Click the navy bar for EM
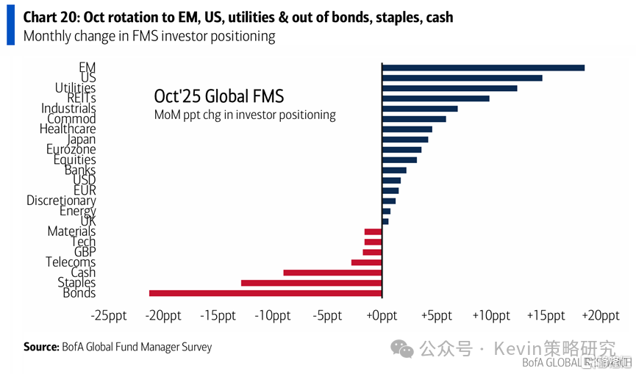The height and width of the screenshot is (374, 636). coord(482,68)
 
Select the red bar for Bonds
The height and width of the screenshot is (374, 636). coord(265,293)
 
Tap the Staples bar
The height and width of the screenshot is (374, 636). coord(311,283)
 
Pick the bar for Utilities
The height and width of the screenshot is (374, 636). coord(449,88)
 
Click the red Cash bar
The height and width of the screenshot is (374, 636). coord(332,273)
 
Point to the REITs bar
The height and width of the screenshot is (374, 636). coord(435,98)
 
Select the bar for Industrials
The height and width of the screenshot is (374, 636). coord(419,109)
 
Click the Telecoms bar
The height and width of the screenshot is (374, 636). coord(366,262)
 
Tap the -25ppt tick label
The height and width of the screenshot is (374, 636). coord(109,315)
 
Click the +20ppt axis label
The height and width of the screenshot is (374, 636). coord(600,315)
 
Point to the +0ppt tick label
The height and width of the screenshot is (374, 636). coord(382,315)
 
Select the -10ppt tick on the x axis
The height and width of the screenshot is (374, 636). coord(272,315)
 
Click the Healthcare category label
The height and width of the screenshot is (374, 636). coord(68,129)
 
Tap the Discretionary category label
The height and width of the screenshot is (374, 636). coord(61,201)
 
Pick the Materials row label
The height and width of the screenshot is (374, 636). coord(71,231)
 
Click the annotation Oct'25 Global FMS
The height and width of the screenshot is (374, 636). coord(218,96)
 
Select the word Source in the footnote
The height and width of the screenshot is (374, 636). coord(40,347)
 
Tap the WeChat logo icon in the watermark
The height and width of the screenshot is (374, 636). coord(402,348)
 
